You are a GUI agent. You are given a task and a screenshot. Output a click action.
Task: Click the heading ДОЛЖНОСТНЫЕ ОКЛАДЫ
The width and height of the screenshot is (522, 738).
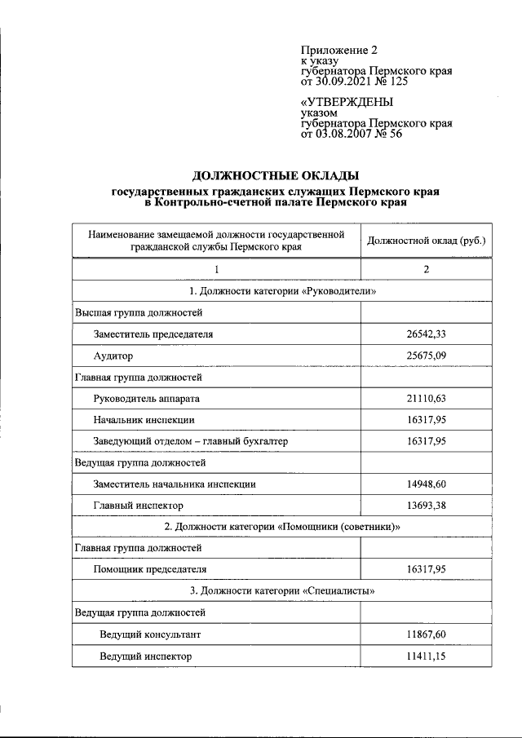pos(275,175)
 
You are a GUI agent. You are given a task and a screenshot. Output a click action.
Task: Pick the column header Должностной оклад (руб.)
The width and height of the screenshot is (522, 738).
pos(426,241)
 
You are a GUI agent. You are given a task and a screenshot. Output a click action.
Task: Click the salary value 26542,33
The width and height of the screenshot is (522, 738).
pos(426,334)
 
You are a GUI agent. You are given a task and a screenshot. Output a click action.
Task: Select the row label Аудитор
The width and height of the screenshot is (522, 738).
pos(113,356)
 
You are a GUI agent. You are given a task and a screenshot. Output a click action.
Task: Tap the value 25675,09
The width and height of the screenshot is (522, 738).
pos(426,356)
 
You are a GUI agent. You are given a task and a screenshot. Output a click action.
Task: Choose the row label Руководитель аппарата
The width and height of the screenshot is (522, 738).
pos(147,399)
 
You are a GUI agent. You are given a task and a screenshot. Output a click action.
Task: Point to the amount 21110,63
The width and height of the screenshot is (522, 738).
pos(426,399)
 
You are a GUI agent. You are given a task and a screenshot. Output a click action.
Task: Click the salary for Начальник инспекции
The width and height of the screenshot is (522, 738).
pos(426,420)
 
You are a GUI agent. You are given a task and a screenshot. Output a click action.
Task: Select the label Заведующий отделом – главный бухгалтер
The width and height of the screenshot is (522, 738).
pos(191,441)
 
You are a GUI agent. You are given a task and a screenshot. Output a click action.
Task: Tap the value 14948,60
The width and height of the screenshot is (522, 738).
pos(426,484)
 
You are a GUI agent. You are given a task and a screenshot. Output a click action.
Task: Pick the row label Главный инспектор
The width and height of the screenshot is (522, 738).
pos(138,506)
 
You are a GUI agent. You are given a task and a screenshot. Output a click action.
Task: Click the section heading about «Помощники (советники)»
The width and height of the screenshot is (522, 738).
pos(281,527)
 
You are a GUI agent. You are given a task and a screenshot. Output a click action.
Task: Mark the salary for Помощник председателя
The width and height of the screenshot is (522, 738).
pos(426,569)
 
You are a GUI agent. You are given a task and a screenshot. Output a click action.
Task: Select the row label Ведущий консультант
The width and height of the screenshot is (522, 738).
pos(150,634)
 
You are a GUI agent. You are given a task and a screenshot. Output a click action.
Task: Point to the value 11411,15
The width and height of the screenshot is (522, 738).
pos(426,655)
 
